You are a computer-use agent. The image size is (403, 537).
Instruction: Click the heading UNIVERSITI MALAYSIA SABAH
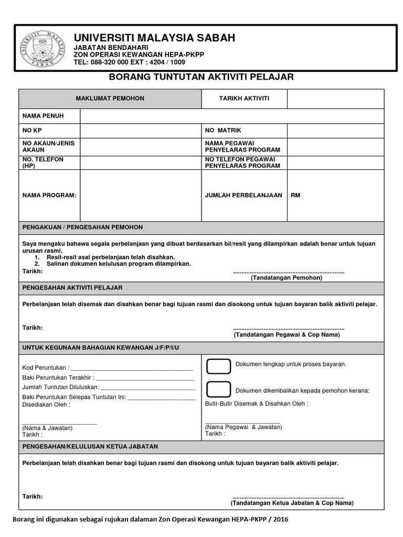coord(154,38)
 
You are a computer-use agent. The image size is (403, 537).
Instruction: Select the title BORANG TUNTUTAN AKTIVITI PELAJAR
coord(201,77)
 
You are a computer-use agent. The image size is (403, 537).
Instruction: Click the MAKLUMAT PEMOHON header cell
coord(110,99)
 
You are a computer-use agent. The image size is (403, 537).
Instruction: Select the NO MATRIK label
coord(223,130)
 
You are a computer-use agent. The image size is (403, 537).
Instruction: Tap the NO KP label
coord(31,130)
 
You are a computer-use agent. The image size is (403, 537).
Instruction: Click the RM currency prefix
coord(295,195)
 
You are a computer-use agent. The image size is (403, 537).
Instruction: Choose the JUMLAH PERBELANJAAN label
coord(243,195)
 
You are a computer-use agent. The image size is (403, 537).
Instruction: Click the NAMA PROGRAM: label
coord(49,195)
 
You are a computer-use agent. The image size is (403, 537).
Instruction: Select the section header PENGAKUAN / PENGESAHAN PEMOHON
coord(82,227)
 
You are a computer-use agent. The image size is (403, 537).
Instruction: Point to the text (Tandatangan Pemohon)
coord(287,278)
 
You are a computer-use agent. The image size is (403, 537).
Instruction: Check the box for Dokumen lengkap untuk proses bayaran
coord(218,367)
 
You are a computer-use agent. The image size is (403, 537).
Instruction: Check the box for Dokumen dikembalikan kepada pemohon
coord(218,389)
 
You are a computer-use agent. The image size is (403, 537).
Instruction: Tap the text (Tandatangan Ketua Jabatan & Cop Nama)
coord(292,503)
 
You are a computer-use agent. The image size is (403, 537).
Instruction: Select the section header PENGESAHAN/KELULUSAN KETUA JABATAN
coord(90,446)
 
